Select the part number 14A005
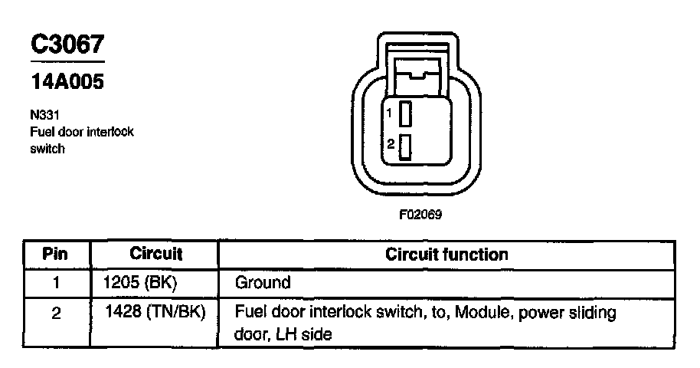(x=67, y=81)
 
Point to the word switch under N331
(x=47, y=149)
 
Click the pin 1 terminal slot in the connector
(x=407, y=113)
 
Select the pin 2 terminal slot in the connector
(x=407, y=146)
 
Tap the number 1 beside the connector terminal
(x=390, y=113)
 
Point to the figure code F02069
(x=420, y=215)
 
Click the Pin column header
(x=56, y=254)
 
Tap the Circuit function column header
(x=446, y=254)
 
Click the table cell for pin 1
(x=56, y=282)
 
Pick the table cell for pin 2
(x=56, y=314)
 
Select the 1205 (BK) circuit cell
(x=139, y=282)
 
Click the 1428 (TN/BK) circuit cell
(x=154, y=314)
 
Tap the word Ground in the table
(x=263, y=282)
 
